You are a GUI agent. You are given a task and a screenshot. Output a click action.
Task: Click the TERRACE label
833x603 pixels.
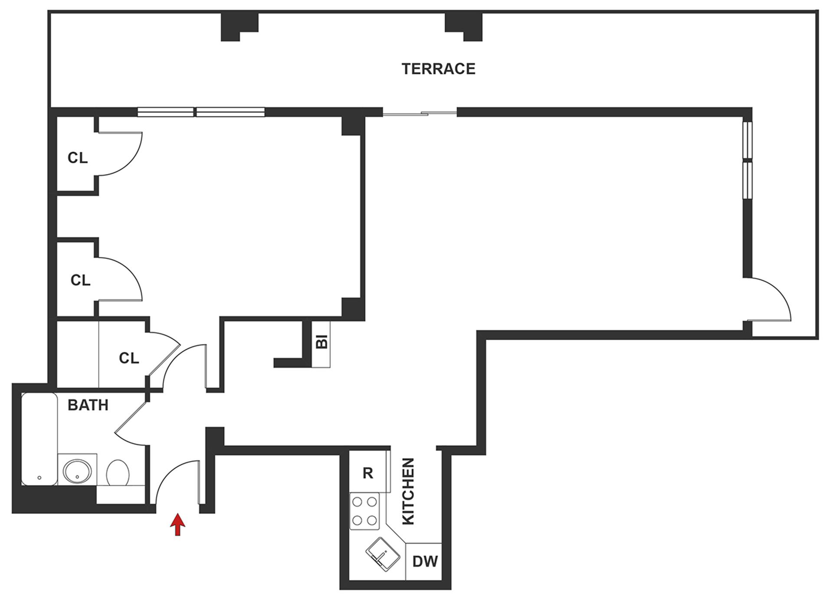coord(438,69)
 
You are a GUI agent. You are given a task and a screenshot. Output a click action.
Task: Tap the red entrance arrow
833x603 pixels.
coord(177,524)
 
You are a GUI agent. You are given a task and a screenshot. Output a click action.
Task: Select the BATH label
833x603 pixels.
coord(88,405)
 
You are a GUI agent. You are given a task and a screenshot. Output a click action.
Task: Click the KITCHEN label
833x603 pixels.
coord(409,492)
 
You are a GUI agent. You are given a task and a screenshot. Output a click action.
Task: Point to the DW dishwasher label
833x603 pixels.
coord(425,561)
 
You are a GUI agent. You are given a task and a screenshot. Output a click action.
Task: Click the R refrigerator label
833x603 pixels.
coord(367,473)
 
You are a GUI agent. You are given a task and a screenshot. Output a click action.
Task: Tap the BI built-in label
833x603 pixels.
coord(321,342)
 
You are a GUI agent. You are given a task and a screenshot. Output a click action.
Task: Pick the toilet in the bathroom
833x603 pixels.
coord(118,473)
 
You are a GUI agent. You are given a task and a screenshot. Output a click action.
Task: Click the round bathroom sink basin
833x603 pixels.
coord(77,470)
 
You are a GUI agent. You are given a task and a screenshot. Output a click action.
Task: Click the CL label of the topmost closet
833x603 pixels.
coord(78,158)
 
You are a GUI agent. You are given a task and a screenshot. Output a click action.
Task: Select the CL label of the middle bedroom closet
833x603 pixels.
coord(80,280)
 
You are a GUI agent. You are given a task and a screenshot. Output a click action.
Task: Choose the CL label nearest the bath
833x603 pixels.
coord(129,358)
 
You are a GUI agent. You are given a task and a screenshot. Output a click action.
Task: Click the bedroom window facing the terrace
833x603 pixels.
coord(201,112)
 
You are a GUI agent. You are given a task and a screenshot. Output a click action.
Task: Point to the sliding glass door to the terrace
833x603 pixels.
coord(420,114)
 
